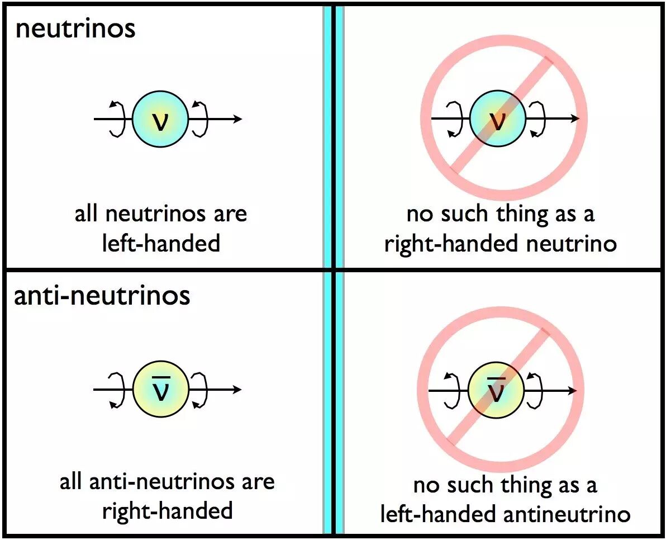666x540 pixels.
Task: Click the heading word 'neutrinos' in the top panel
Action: [x=75, y=28]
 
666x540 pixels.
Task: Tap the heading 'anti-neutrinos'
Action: [x=102, y=295]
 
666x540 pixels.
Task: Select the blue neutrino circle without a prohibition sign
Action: [x=160, y=119]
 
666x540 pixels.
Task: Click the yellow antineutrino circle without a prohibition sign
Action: [x=161, y=390]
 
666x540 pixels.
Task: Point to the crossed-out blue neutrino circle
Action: [x=497, y=119]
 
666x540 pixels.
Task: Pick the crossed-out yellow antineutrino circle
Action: [x=496, y=390]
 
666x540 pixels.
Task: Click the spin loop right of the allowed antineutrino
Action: [x=200, y=390]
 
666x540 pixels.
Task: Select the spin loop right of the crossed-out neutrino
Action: [x=539, y=119]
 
